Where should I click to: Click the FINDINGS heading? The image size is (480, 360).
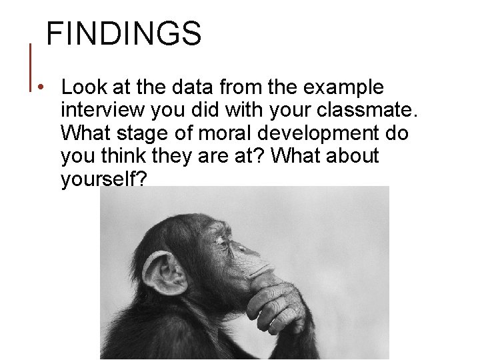click(x=123, y=33)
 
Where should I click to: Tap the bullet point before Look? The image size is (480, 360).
click(x=41, y=88)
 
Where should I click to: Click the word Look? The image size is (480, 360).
click(x=81, y=87)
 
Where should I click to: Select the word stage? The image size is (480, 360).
click(x=143, y=133)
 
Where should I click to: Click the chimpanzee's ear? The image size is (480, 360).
click(x=163, y=273)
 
